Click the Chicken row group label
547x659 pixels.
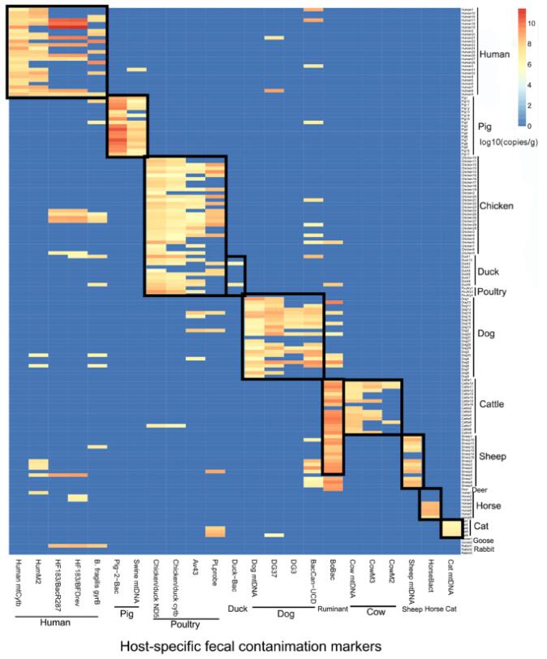(496, 206)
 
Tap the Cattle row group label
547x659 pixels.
(493, 403)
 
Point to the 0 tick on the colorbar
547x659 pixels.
(529, 126)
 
